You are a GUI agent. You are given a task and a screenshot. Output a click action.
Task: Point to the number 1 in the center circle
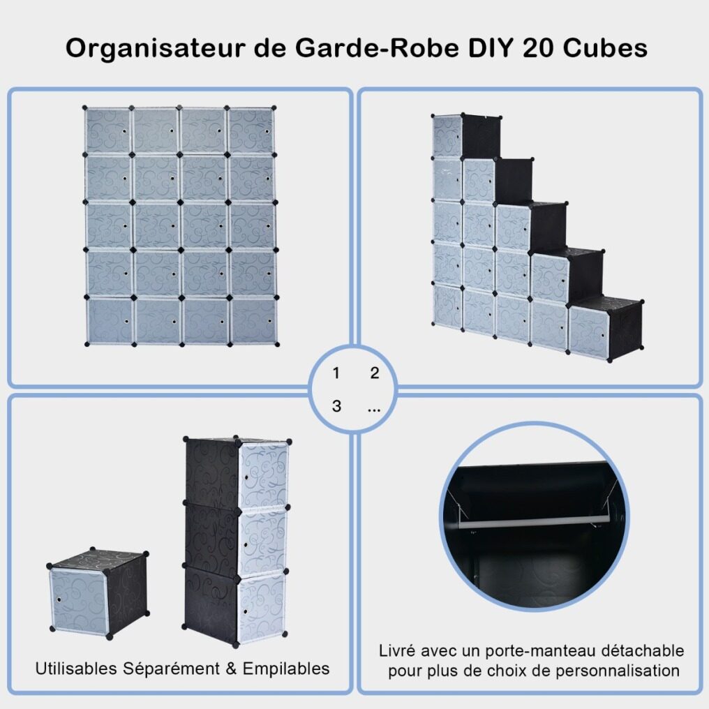coord(336,373)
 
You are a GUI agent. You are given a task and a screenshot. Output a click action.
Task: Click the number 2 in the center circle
coord(375,373)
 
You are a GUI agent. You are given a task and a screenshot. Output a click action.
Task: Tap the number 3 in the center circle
coord(336,406)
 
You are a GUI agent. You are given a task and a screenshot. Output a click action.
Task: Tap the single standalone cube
coord(98,592)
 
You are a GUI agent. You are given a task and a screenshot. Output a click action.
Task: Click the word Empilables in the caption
coord(286,669)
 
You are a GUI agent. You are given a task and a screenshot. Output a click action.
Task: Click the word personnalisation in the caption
coord(617,671)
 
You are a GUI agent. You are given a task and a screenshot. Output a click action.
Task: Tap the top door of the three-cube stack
coord(263,475)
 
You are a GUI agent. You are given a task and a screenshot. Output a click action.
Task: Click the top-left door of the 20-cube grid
coord(107,130)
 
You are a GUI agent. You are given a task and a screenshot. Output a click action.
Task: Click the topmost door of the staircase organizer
coord(447,137)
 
